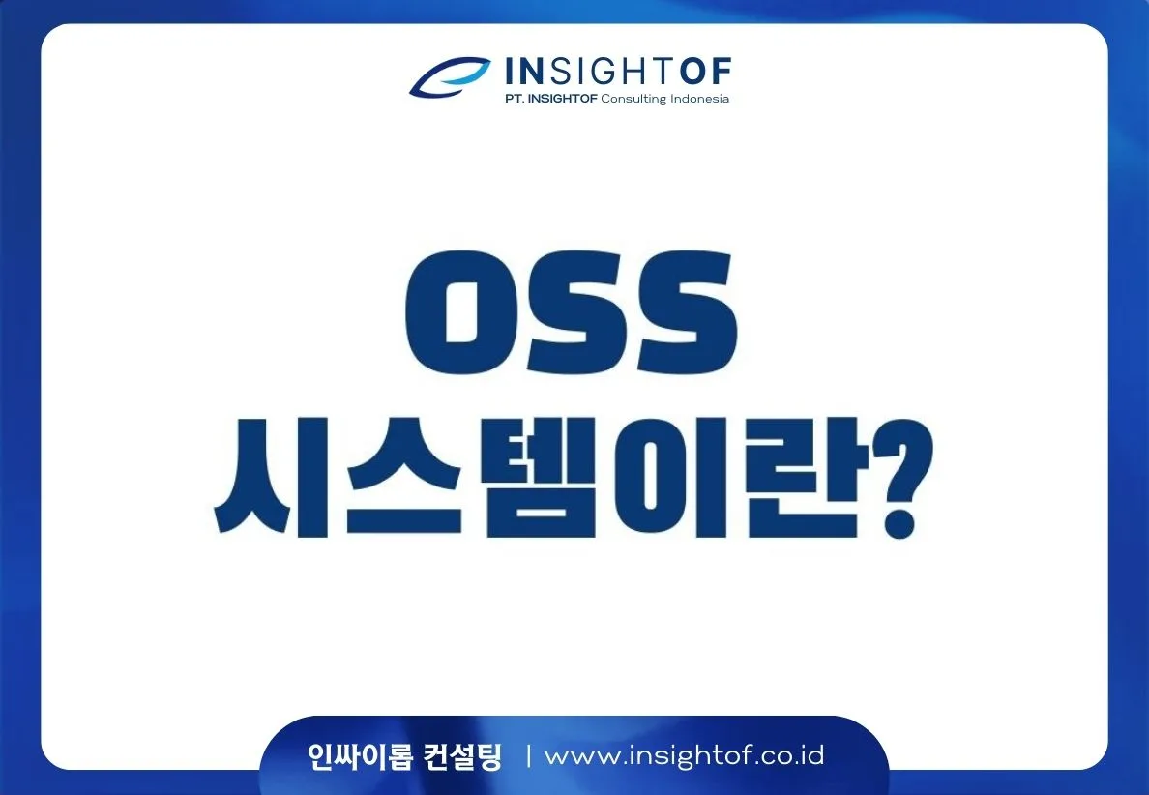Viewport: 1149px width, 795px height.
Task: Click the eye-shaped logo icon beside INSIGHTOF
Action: [451, 76]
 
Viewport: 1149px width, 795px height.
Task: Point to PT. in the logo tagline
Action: [514, 99]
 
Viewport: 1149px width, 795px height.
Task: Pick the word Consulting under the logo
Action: [633, 99]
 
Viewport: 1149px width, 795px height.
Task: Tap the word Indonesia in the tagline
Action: [699, 99]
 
